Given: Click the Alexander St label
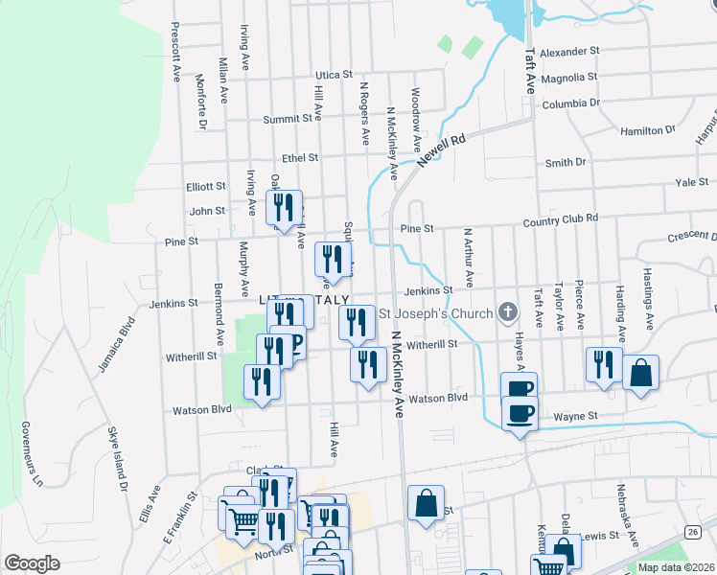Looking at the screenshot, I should [x=569, y=51].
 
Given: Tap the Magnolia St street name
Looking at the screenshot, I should [x=568, y=77].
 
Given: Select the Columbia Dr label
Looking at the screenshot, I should [x=570, y=103].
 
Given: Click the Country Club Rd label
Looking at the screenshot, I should [x=561, y=218].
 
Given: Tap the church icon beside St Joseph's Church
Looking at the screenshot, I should [x=508, y=312].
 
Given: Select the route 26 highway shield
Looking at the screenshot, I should [x=693, y=531].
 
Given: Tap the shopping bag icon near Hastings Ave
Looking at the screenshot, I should [x=640, y=372].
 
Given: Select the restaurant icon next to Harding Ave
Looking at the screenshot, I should [x=603, y=364].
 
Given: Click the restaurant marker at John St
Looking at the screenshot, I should [x=284, y=206].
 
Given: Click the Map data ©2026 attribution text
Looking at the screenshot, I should [x=676, y=567].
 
